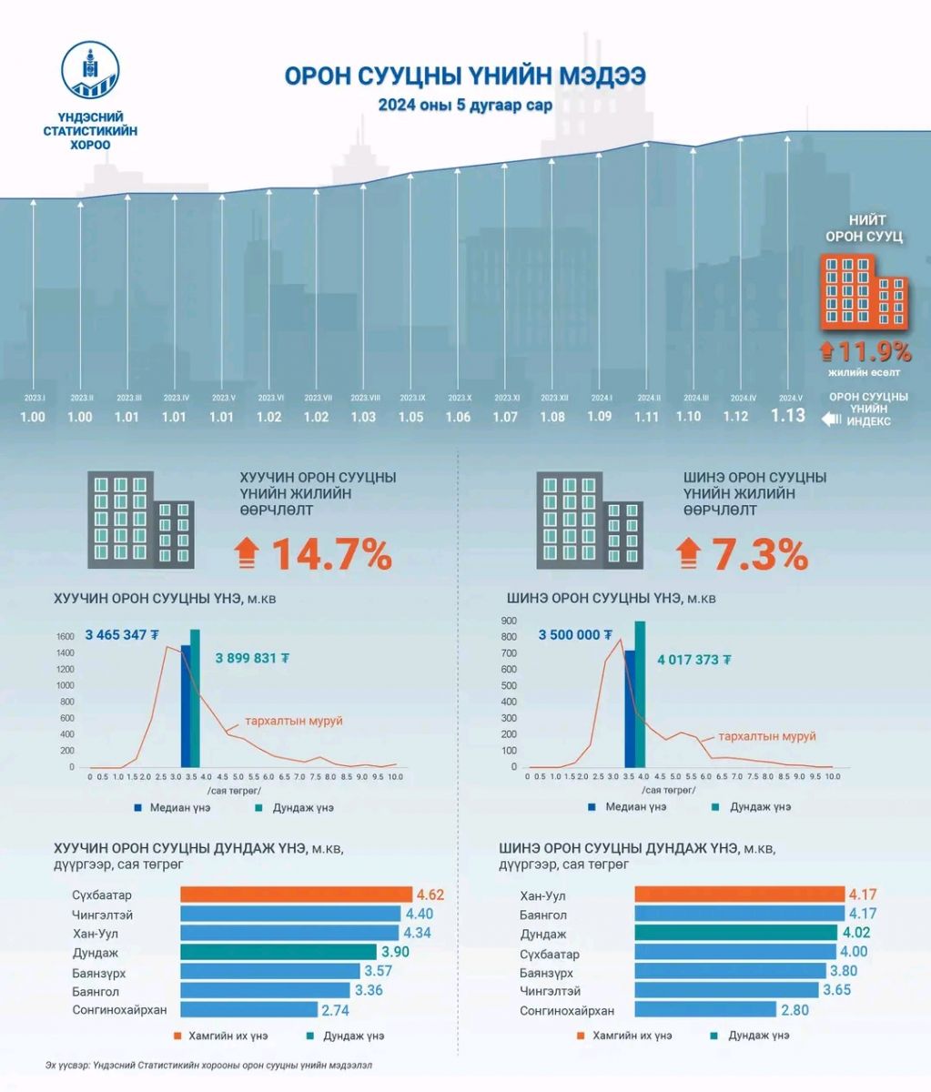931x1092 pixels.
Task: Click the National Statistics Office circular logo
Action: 90,71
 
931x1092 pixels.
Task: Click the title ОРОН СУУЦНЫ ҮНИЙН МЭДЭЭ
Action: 465,76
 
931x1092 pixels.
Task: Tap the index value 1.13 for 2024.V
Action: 788,415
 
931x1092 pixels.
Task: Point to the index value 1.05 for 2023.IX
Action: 410,417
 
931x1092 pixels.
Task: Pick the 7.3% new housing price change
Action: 760,554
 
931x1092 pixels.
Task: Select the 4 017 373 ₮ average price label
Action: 694,660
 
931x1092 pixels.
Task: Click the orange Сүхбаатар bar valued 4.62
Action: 297,895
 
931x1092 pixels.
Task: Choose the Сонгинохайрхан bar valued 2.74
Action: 248,1009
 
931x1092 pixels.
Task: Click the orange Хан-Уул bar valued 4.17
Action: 739,895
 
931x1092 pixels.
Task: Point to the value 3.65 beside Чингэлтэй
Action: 836,990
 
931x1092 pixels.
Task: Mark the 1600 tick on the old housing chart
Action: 66,637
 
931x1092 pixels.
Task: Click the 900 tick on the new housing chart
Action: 508,621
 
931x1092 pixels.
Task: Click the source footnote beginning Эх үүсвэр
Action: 208,1065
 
